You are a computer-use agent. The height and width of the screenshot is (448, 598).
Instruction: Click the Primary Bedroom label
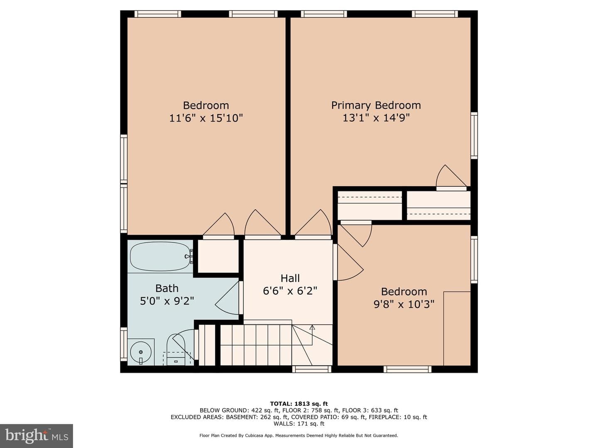pos(376,105)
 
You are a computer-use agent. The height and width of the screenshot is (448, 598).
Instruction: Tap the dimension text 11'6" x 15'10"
pos(206,118)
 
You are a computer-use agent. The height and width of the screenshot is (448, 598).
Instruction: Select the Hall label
pos(290,278)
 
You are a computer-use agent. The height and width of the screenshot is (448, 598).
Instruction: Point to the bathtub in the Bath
pos(160,256)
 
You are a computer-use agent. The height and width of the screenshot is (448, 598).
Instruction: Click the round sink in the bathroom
pos(141,352)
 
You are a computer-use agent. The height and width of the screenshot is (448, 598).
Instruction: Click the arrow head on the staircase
pos(312,327)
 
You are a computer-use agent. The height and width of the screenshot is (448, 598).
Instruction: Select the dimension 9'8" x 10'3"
pos(404,304)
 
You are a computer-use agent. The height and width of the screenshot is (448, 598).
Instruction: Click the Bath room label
pos(167,288)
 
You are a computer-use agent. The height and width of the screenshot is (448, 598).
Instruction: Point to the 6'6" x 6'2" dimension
pos(290,291)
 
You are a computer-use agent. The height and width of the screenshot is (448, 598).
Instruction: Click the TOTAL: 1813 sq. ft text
pos(299,404)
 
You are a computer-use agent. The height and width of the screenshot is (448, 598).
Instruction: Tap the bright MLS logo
pos(37,436)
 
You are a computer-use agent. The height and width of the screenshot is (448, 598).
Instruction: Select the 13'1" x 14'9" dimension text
pos(376,118)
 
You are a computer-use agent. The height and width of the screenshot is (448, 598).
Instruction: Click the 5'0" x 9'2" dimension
pos(167,301)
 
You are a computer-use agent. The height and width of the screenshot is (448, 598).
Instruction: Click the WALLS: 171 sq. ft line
pos(299,424)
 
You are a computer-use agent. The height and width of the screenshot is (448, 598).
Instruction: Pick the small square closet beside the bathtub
pos(218,256)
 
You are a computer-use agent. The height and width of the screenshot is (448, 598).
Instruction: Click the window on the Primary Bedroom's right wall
pos(474,136)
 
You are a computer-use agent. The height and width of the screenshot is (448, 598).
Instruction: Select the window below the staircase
pos(312,369)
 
